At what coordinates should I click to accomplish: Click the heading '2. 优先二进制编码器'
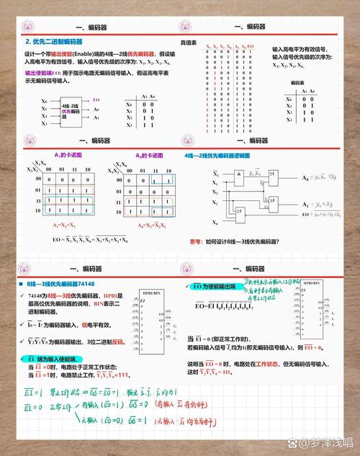coord(55,43)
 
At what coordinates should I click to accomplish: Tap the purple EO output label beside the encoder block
coord(96,99)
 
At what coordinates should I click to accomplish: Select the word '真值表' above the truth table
coord(189,43)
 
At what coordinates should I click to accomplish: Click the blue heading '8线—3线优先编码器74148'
coord(60,284)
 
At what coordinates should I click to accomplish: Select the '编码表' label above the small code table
coord(298,84)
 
